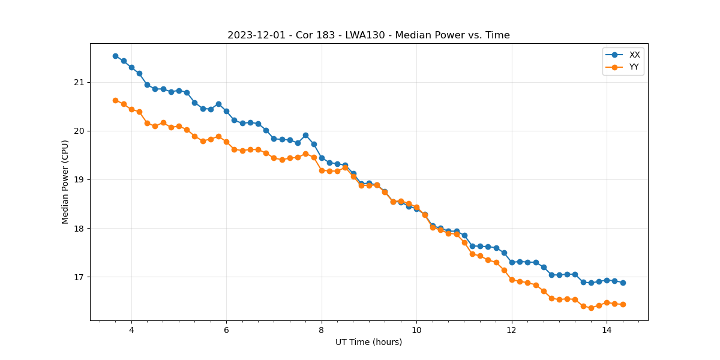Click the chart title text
tap(368, 35)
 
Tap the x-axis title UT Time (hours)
tap(368, 343)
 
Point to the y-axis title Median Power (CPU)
tap(65, 182)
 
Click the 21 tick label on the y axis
tap(80, 82)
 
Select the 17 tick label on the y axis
tap(80, 277)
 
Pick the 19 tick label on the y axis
tap(80, 179)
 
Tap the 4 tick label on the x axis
tap(131, 330)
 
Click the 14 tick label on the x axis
tap(607, 330)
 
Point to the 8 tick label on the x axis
tap(322, 330)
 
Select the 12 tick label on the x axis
tap(512, 330)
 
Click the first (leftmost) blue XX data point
tap(115, 56)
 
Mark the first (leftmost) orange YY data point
tap(115, 100)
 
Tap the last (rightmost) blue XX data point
tap(623, 283)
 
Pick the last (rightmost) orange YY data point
tap(623, 304)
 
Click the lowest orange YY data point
tap(591, 308)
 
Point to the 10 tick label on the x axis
tap(416, 330)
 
